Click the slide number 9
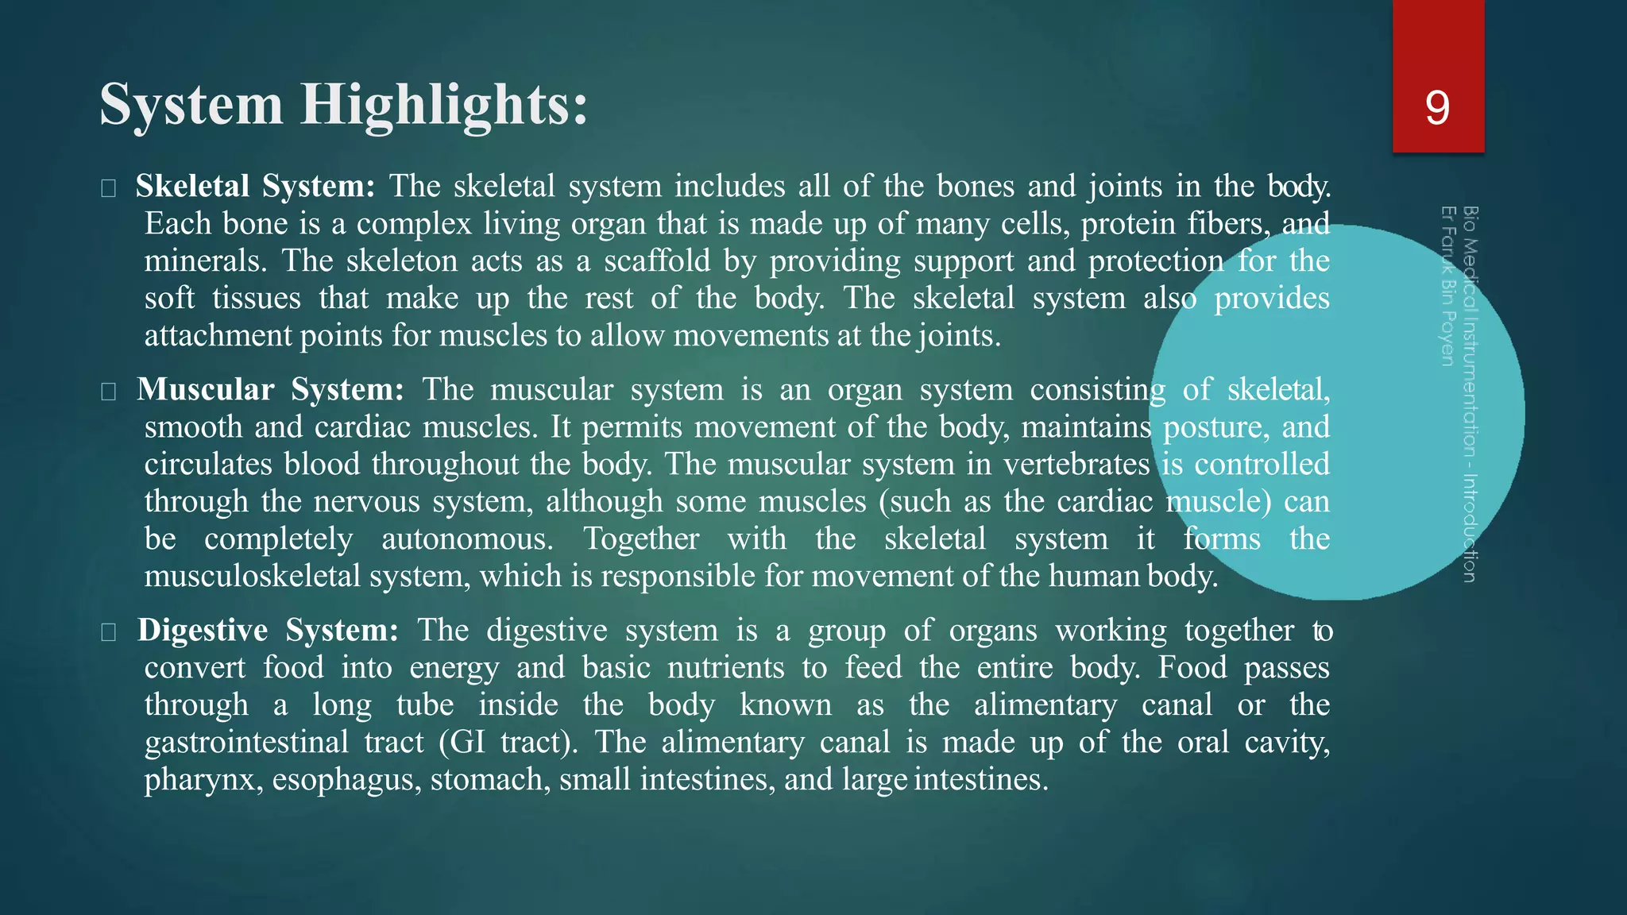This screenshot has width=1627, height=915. point(1437,108)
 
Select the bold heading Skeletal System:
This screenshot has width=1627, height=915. point(255,187)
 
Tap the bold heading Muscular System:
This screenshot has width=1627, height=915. point(270,390)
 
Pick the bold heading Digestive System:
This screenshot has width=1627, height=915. point(268,631)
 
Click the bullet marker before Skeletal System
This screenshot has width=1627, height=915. point(109,188)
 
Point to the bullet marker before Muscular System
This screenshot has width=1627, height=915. point(109,392)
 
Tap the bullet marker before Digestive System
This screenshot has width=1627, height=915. point(109,632)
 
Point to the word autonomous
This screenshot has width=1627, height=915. point(466,539)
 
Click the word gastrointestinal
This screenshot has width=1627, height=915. point(246,743)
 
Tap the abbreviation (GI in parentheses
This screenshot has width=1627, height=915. point(462,743)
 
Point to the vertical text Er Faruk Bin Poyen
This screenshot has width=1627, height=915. point(1447,286)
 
